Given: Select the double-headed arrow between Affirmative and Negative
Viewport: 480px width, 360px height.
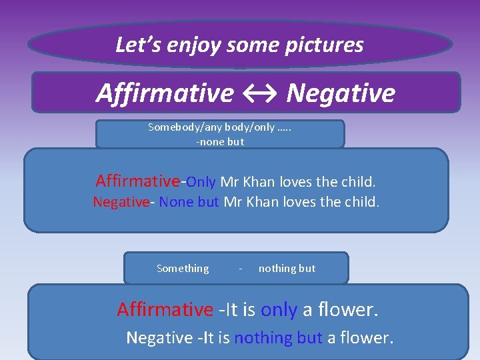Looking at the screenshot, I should pos(260,93).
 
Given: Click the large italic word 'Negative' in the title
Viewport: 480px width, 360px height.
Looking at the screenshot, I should pos(341,93).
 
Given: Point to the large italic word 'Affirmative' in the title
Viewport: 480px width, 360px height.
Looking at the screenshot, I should pos(165,93).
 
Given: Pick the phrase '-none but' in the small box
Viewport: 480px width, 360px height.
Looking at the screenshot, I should pos(219,141).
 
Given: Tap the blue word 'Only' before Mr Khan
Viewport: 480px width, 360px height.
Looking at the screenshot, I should pos(201,181).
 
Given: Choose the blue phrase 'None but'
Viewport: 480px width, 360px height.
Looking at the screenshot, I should pos(189,202).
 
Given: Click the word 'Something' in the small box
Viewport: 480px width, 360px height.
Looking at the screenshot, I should pos(183,268).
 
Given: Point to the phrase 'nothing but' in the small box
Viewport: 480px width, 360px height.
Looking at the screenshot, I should pos(287,268).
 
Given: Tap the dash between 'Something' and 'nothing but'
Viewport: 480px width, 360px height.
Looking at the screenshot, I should pos(240,269).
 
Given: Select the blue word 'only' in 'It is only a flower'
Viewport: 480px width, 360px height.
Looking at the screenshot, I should pos(279,309).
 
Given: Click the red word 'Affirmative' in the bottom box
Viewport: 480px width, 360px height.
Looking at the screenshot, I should pos(165,309).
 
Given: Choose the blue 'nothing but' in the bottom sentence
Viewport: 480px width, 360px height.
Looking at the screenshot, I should pos(278,337).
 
